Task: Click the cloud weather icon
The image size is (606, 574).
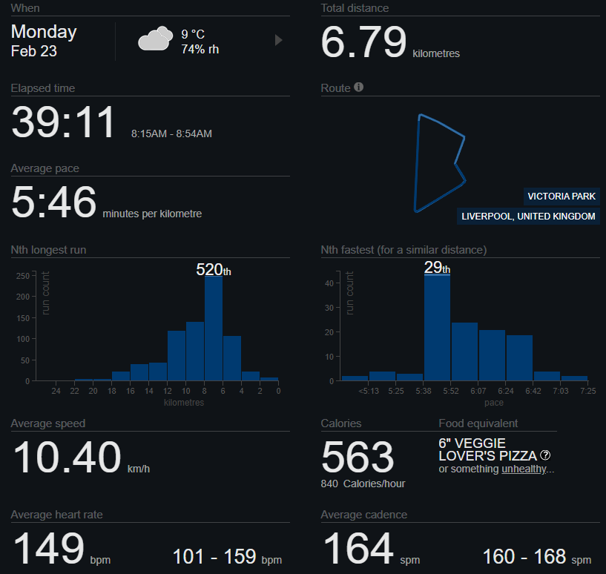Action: (155, 39)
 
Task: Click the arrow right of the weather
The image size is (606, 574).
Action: (279, 40)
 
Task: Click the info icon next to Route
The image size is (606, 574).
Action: (359, 88)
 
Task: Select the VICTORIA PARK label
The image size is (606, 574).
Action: (561, 197)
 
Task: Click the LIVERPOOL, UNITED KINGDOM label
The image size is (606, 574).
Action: (528, 217)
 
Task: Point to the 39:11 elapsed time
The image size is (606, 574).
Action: (64, 122)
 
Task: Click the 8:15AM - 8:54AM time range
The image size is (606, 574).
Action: (171, 134)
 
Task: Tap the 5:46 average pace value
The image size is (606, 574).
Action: (53, 202)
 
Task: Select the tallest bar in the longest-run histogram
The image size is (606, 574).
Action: (214, 328)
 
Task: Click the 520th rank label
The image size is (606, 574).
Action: (214, 270)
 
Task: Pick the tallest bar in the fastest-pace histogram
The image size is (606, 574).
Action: (437, 328)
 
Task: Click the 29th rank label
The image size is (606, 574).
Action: (437, 267)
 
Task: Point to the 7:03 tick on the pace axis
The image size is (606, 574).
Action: (560, 391)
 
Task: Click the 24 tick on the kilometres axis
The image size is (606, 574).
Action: (56, 391)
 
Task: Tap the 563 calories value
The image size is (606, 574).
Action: (358, 456)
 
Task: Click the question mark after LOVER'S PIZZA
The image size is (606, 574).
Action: (545, 455)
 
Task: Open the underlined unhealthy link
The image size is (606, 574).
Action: (524, 469)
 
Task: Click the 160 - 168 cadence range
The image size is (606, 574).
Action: (536, 556)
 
